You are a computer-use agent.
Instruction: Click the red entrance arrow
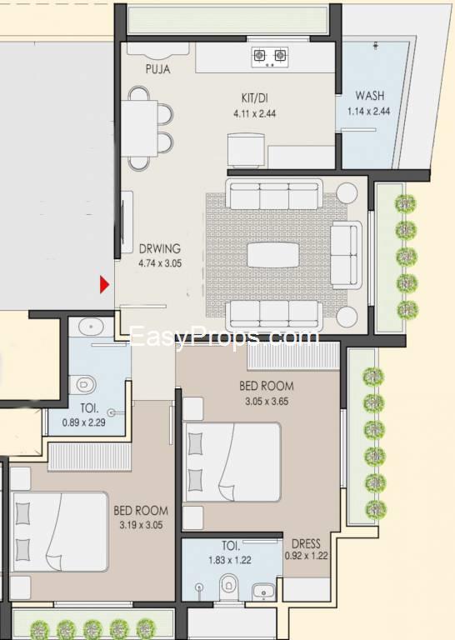coord(104,284)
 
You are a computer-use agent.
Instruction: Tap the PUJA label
coord(158,69)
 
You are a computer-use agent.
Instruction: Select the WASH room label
coord(370,96)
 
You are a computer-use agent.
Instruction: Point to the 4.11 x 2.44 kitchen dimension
coord(255,113)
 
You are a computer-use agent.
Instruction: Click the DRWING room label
coord(159,248)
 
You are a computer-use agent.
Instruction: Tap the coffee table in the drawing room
coord(273,255)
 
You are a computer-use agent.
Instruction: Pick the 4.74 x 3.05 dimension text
coord(160,263)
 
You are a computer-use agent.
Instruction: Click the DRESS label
coord(306,543)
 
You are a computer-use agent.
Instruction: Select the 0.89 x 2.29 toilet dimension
coord(83,422)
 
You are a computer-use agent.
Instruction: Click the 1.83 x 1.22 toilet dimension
coord(230,560)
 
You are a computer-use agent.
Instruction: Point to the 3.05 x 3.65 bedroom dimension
coord(267,401)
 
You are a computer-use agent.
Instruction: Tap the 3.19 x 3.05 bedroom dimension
coord(141,525)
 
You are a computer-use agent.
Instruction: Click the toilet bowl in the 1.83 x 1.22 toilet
coord(228,586)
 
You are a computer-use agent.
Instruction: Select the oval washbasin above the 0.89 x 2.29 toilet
coord(91,327)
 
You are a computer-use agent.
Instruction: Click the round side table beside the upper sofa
coord(347,193)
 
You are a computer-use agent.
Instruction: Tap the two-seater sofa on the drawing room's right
coord(346,255)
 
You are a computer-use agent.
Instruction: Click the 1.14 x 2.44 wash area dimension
coord(369,111)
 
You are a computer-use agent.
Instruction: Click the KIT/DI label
coord(255,98)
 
